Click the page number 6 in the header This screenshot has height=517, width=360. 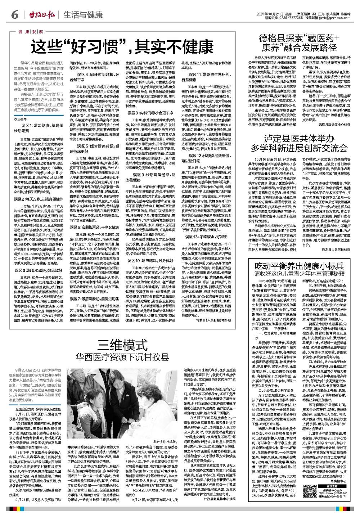point(15,15)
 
